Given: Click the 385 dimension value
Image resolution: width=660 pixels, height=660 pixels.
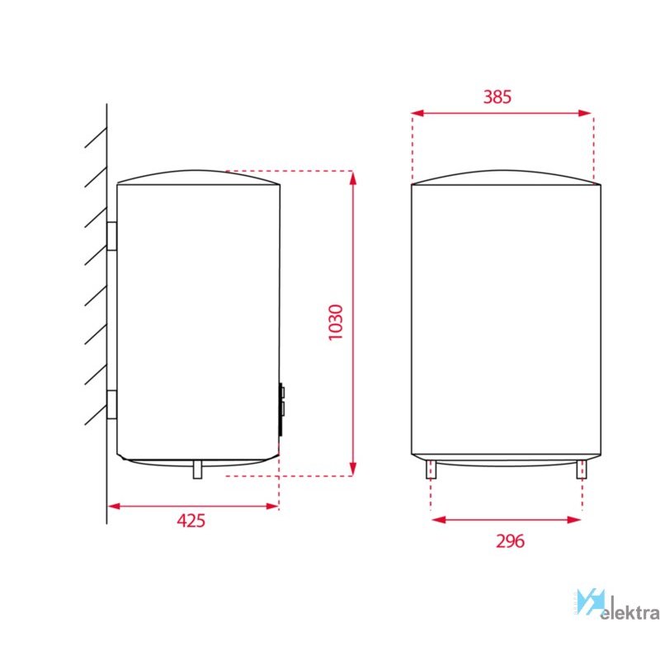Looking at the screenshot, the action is pos(497,97).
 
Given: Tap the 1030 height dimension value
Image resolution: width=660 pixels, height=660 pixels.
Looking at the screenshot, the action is pos(336,323).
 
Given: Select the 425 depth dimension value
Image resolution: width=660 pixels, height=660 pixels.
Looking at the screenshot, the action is pos(191,521).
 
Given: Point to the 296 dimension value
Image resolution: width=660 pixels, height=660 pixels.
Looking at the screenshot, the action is pos(510,541).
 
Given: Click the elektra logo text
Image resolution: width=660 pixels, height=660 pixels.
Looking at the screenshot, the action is pos(629,610).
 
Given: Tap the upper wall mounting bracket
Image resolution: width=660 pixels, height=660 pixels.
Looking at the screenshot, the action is pos(111,236).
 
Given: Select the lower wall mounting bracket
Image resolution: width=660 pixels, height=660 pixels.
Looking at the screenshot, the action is pos(111,404).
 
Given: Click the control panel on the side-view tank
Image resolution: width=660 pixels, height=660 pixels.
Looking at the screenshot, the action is pos(281,409).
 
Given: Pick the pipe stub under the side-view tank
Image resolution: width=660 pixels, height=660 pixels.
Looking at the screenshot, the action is pos(197,469).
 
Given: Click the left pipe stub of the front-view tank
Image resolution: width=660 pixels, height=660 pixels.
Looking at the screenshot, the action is pos(431,469).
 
